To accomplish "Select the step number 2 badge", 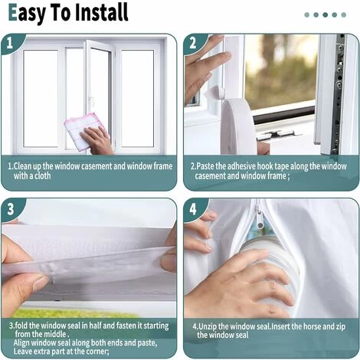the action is [193, 43].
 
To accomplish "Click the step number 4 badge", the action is [193, 209].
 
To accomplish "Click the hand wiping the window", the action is [97, 140].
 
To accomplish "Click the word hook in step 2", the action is [263, 166].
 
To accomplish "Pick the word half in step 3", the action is [95, 326].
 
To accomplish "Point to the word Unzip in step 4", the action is [208, 326].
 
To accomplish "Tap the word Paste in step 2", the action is [205, 166].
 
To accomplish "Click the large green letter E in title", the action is [12, 12].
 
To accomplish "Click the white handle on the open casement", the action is [90, 101].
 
